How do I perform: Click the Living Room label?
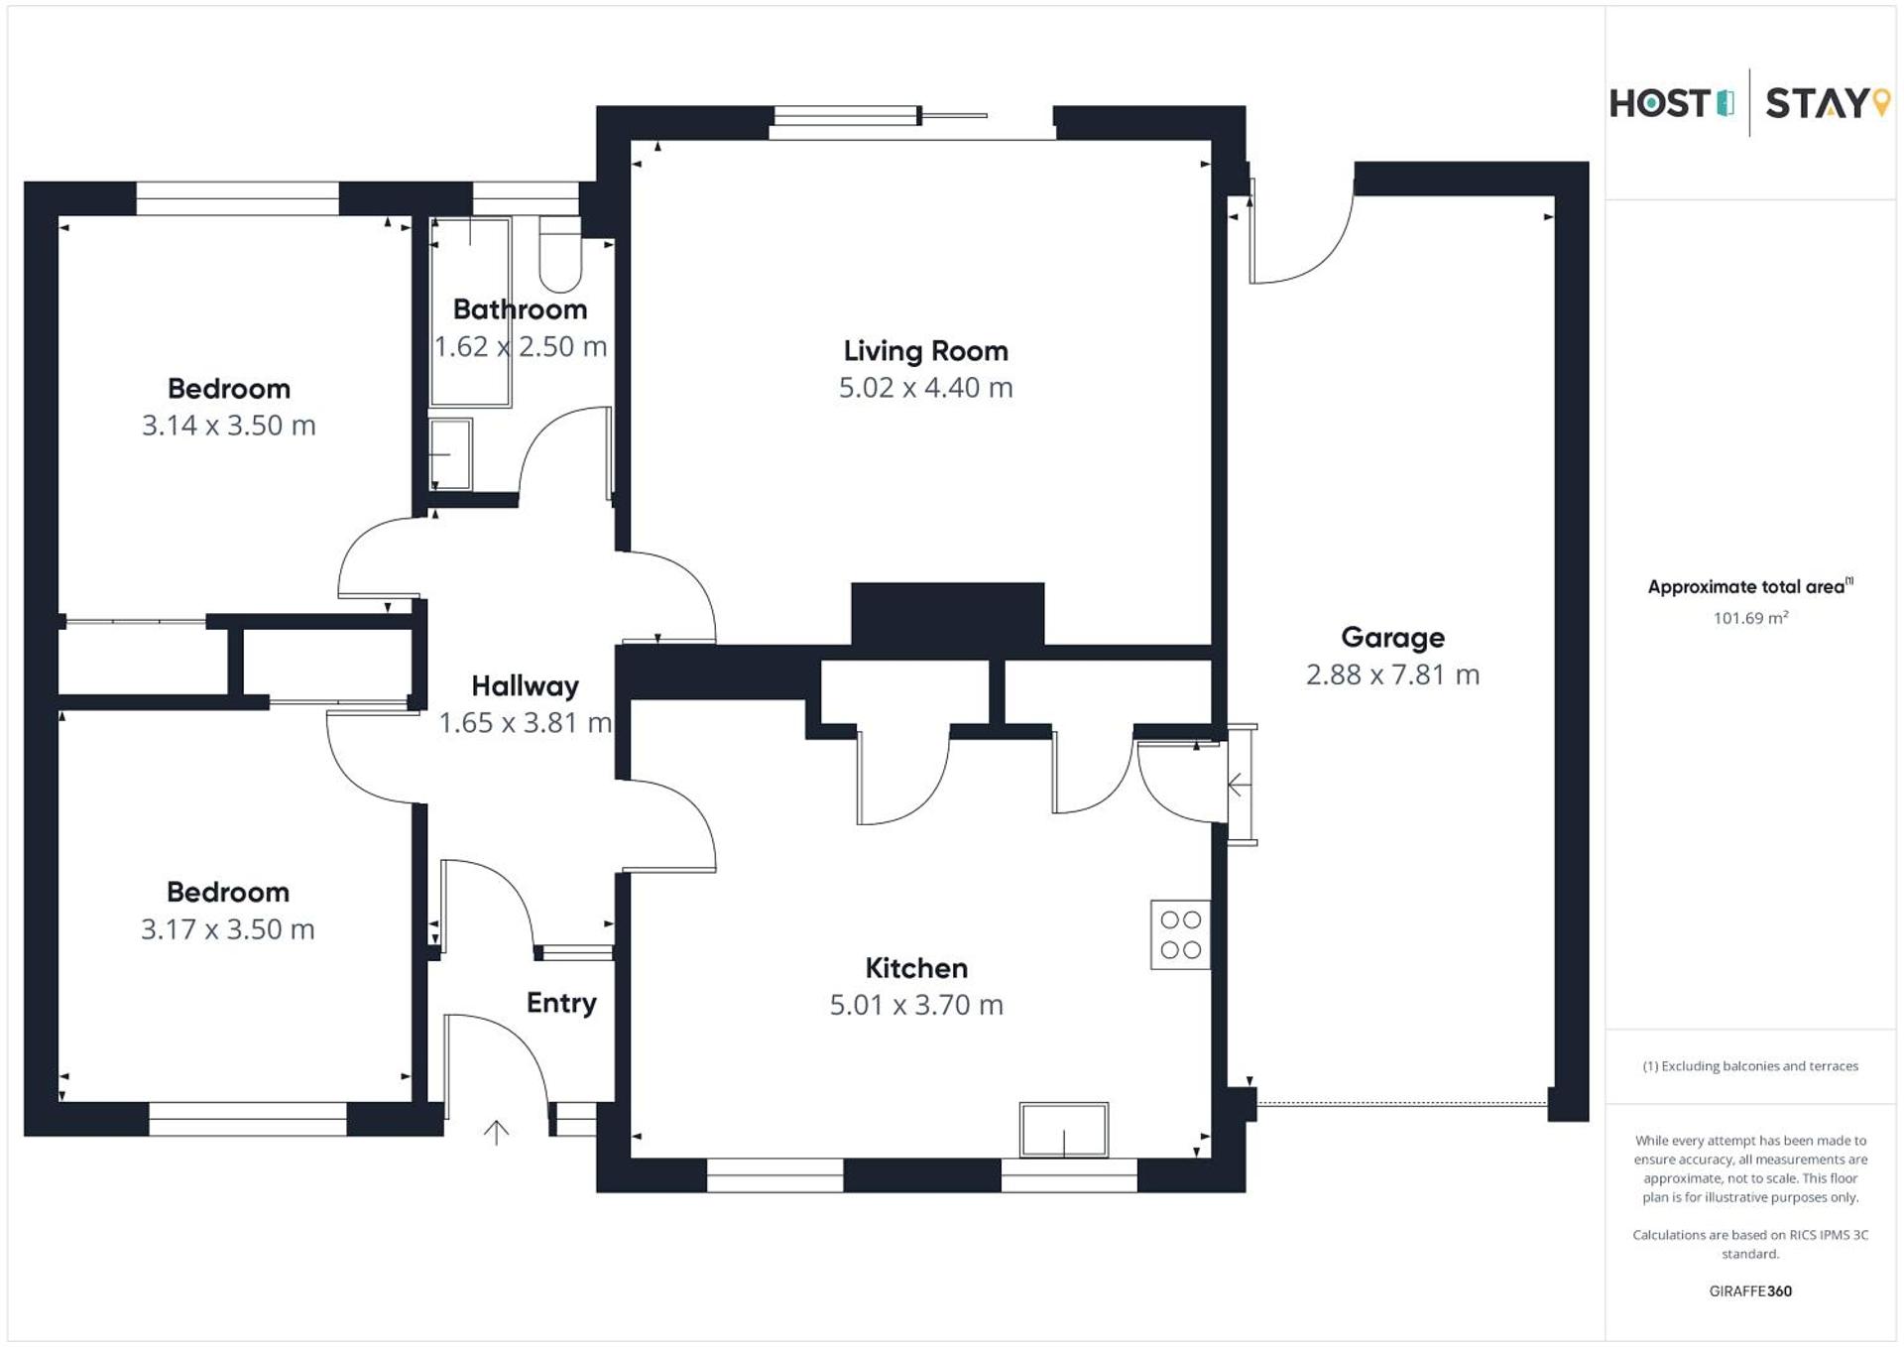click(925, 351)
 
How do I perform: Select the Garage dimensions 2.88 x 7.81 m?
click(1392, 675)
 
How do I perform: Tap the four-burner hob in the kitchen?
click(1180, 934)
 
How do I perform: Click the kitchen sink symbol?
click(1064, 1130)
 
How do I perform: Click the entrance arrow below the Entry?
click(496, 1132)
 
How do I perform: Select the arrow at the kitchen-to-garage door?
click(1239, 786)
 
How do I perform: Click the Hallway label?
click(525, 686)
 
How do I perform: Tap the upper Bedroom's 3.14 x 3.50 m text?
click(228, 427)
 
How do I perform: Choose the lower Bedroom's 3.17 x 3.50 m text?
click(227, 930)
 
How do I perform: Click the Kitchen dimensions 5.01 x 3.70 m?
click(916, 1006)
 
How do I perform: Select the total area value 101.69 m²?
click(1750, 618)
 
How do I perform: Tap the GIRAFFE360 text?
click(1750, 1291)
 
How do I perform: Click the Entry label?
click(561, 1003)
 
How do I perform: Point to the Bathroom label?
click(520, 309)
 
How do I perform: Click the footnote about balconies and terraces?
click(1750, 1066)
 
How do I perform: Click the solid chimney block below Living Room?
click(947, 613)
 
